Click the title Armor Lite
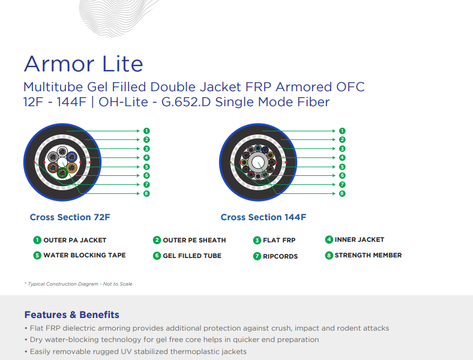click(83, 64)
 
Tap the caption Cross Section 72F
click(70, 217)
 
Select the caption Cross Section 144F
click(264, 217)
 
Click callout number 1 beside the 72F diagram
click(146, 131)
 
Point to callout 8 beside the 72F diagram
click(146, 193)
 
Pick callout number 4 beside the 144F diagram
click(342, 157)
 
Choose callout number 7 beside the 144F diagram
click(342, 184)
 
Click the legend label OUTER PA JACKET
click(75, 241)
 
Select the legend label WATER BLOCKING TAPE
click(85, 255)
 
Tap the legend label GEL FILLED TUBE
click(192, 256)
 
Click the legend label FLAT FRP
click(279, 241)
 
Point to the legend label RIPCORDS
click(280, 256)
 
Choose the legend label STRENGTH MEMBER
click(368, 255)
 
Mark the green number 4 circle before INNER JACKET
click(329, 239)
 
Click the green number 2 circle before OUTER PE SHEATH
click(157, 240)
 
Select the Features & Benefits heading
click(72, 315)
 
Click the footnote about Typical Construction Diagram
click(79, 284)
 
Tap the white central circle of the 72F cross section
click(62, 162)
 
